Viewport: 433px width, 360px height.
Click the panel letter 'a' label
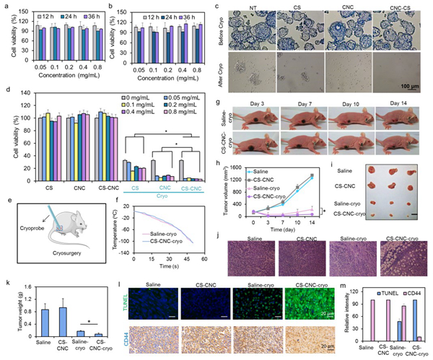(5, 6)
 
